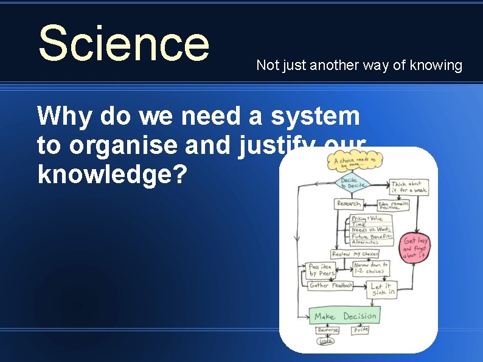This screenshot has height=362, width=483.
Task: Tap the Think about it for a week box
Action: point(408,187)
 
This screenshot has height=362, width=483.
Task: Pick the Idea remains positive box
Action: point(392,206)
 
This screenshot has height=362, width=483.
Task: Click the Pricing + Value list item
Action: point(367,218)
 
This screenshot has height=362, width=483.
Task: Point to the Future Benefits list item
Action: point(372,236)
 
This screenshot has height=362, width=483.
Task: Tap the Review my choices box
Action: point(355,254)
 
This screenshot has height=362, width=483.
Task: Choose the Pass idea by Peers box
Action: point(321,270)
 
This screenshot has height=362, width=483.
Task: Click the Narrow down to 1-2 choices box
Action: point(371,268)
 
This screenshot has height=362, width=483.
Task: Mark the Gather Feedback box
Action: point(330,285)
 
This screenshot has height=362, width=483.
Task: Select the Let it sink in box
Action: point(382,290)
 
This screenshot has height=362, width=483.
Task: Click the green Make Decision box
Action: point(345,316)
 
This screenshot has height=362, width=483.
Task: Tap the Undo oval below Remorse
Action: point(327,341)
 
